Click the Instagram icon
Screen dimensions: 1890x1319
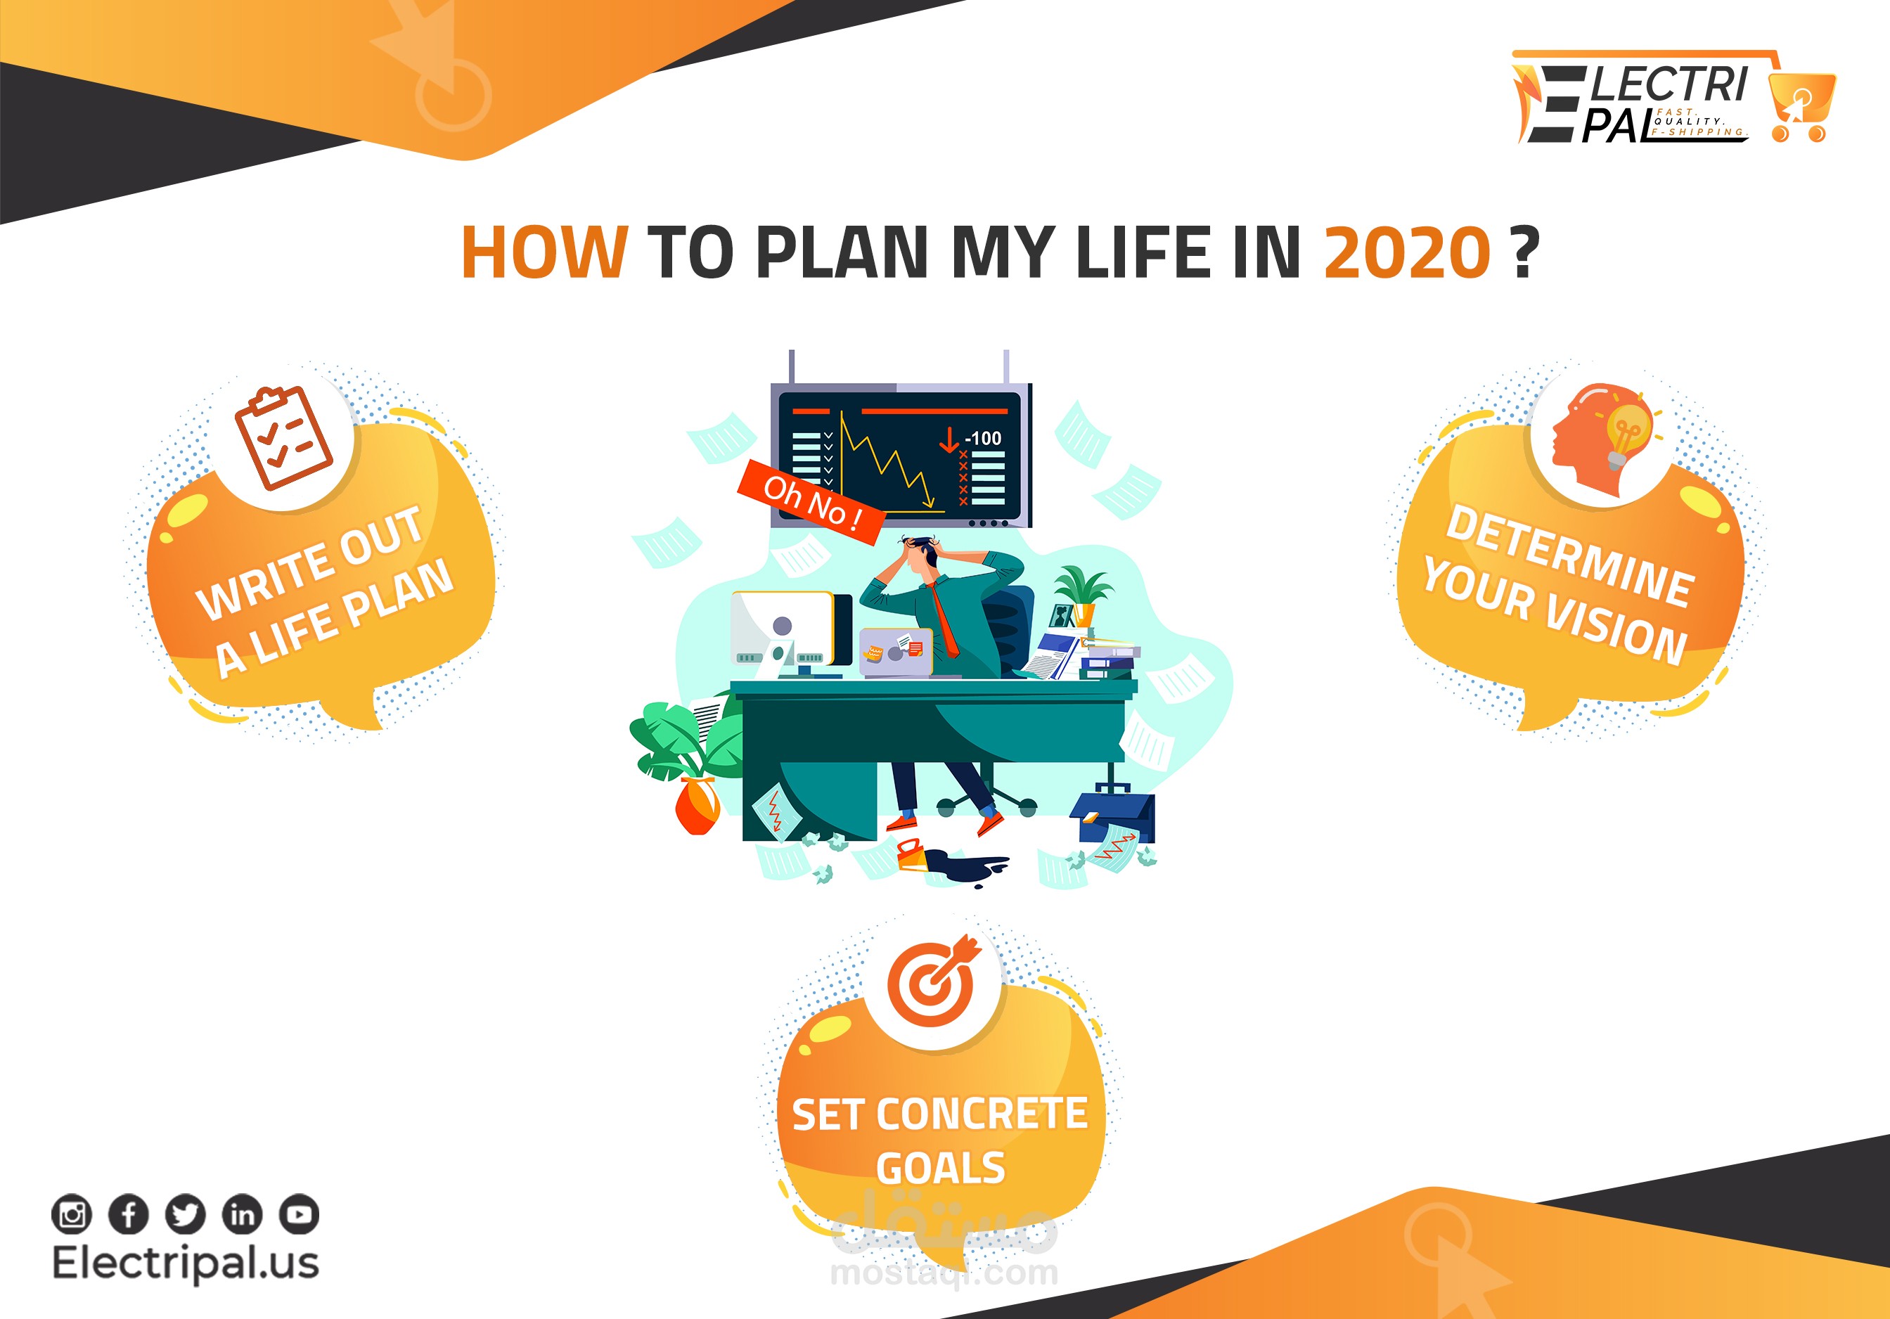pyautogui.click(x=72, y=1214)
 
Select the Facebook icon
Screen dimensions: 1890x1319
pyautogui.click(x=129, y=1214)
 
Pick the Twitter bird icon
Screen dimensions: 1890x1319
pyautogui.click(x=185, y=1214)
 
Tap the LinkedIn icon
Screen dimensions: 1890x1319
pyautogui.click(x=242, y=1214)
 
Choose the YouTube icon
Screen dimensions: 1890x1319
pyautogui.click(x=299, y=1214)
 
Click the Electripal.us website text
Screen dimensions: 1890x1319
pyautogui.click(x=185, y=1263)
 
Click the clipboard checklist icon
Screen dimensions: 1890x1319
pyautogui.click(x=283, y=438)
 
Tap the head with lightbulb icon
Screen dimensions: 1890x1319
pyautogui.click(x=1602, y=439)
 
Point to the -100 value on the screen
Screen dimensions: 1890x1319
pyautogui.click(x=983, y=438)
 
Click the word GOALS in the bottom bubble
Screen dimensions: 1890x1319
pyautogui.click(x=941, y=1169)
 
